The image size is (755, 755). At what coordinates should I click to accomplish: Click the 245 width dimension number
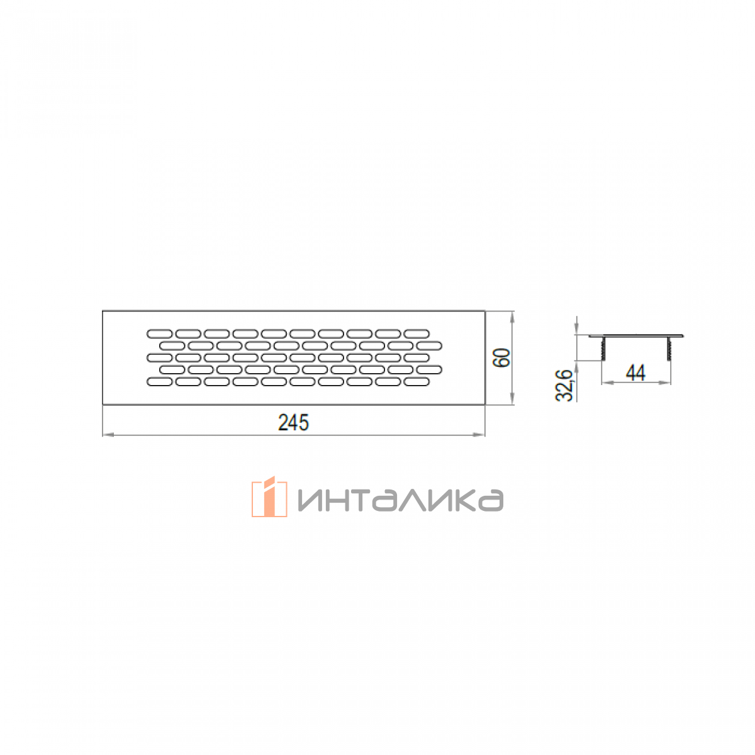click(x=293, y=422)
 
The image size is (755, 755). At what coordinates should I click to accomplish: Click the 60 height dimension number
click(x=502, y=357)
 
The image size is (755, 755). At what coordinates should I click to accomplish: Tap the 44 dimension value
click(x=635, y=372)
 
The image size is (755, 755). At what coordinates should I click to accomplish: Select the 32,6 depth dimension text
click(x=564, y=385)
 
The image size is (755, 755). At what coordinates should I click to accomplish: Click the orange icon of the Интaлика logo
click(x=269, y=496)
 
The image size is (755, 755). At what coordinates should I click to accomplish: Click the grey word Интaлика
click(x=400, y=500)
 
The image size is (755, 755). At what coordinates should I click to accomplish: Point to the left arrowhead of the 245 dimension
click(x=108, y=435)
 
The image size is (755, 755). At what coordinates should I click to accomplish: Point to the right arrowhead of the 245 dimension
click(x=479, y=435)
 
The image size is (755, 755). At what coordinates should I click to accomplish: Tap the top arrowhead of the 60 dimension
click(x=513, y=316)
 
